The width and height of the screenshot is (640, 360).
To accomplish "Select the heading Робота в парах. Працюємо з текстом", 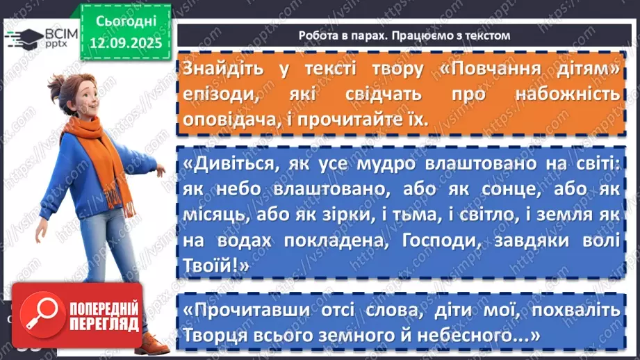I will (404, 35).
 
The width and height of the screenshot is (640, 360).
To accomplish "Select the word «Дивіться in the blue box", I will (233, 164).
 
